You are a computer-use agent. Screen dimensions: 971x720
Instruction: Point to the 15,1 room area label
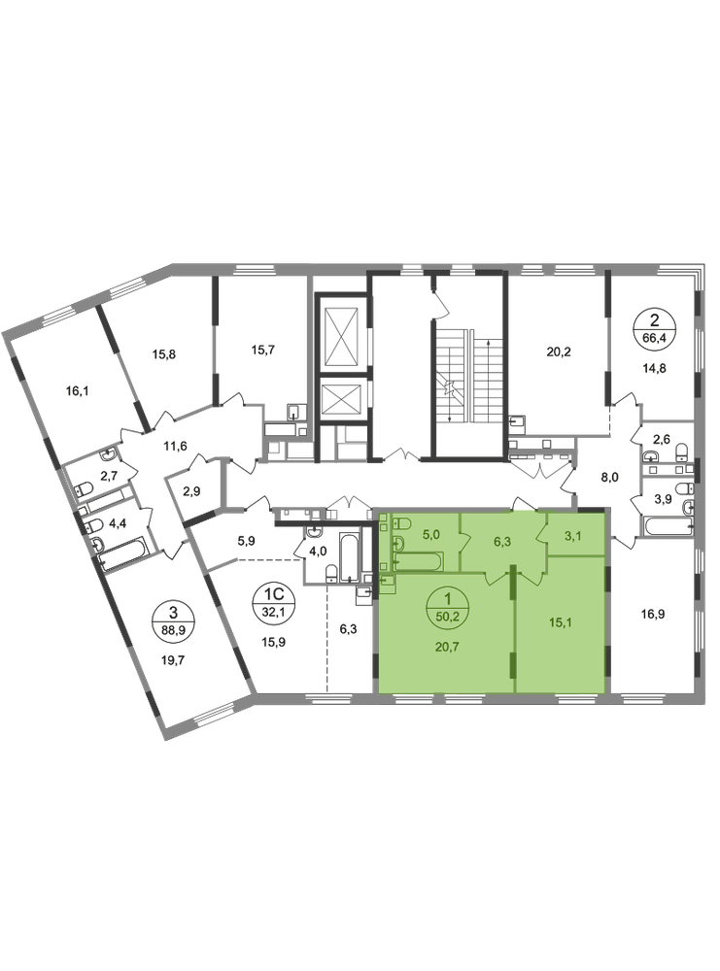562,612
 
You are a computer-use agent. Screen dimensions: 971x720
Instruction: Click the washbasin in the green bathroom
389,580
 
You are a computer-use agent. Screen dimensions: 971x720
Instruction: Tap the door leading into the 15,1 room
530,579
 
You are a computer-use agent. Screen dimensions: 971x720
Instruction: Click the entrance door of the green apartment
522,505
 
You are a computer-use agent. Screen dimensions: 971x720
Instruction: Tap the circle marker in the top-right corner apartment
649,326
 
